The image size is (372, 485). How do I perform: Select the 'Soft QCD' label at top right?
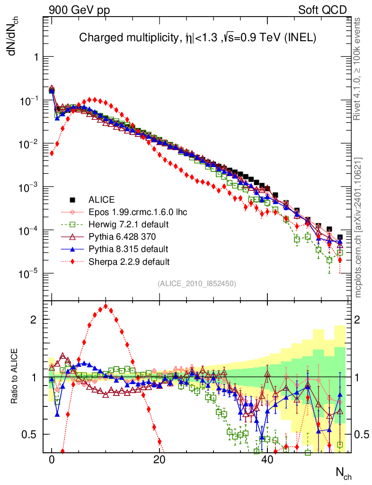pos(322,10)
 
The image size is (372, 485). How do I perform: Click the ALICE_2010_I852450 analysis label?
pos(197,283)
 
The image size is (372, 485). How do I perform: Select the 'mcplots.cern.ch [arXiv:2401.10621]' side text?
pos(359,227)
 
